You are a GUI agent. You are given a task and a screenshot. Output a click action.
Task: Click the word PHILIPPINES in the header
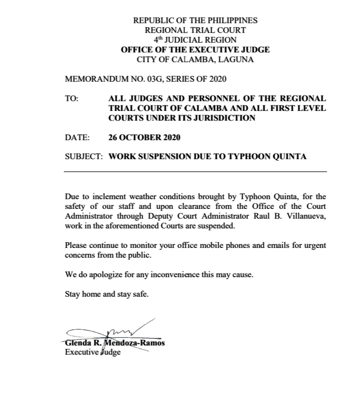click(232, 21)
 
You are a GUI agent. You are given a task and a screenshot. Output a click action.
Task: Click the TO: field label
click(72, 98)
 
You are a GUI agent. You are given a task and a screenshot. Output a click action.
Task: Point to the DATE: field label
click(77, 137)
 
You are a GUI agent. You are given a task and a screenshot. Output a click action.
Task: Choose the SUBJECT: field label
click(83, 157)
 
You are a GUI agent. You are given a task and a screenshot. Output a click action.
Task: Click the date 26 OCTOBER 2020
click(144, 137)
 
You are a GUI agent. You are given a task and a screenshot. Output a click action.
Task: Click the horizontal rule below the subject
click(195, 171)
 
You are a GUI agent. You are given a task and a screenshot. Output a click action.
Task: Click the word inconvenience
click(174, 275)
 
